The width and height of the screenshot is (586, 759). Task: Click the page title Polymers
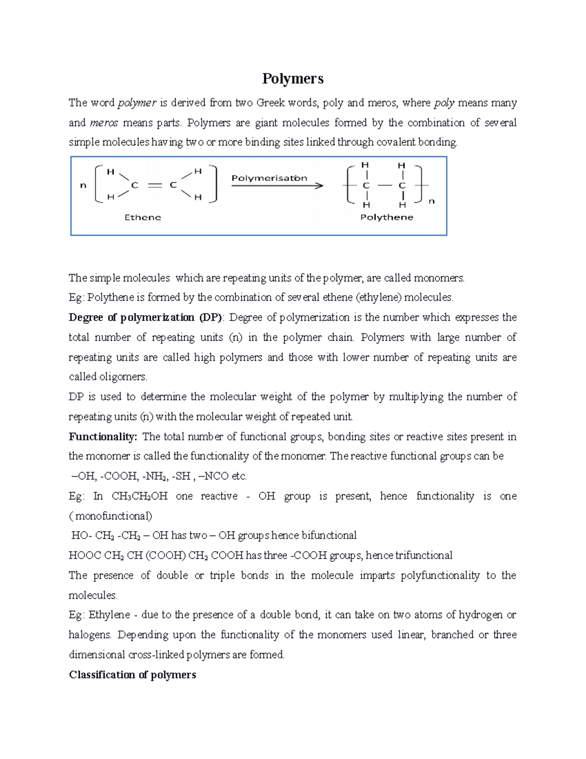coord(293,78)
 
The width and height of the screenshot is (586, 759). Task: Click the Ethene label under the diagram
coord(143,217)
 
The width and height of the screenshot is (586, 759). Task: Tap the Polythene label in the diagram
coord(386,217)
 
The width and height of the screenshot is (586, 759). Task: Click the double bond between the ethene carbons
coord(154,185)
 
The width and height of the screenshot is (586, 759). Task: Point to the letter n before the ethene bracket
coord(83,186)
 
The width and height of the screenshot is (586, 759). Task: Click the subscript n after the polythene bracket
coord(431,201)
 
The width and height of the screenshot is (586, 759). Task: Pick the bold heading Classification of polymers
coord(132,675)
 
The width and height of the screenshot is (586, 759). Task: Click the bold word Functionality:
coord(103,436)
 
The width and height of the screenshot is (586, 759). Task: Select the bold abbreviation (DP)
coord(210,318)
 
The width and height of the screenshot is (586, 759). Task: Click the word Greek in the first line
coord(271,103)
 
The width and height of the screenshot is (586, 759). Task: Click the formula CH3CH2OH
coord(140,496)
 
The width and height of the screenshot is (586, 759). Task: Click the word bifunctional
coord(329,536)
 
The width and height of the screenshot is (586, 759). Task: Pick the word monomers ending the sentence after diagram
coord(439,278)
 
